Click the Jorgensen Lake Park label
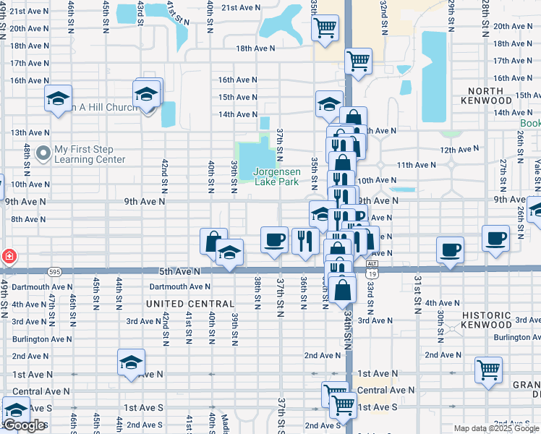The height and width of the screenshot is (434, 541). (x=276, y=177)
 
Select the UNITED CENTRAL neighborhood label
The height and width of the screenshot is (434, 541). (x=190, y=304)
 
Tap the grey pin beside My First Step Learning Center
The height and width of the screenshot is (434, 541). (x=43, y=153)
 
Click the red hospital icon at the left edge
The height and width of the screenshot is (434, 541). (x=7, y=256)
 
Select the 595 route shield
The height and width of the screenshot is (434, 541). (x=56, y=272)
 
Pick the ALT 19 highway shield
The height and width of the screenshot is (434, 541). (x=372, y=270)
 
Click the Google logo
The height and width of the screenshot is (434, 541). (x=24, y=425)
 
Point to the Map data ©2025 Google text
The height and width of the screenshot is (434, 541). (x=496, y=428)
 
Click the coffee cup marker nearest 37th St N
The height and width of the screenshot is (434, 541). (x=274, y=239)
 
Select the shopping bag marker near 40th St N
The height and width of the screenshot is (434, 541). (x=213, y=242)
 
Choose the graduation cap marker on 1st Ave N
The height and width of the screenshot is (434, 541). (x=131, y=362)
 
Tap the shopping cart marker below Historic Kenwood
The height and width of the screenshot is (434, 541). (x=489, y=370)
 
